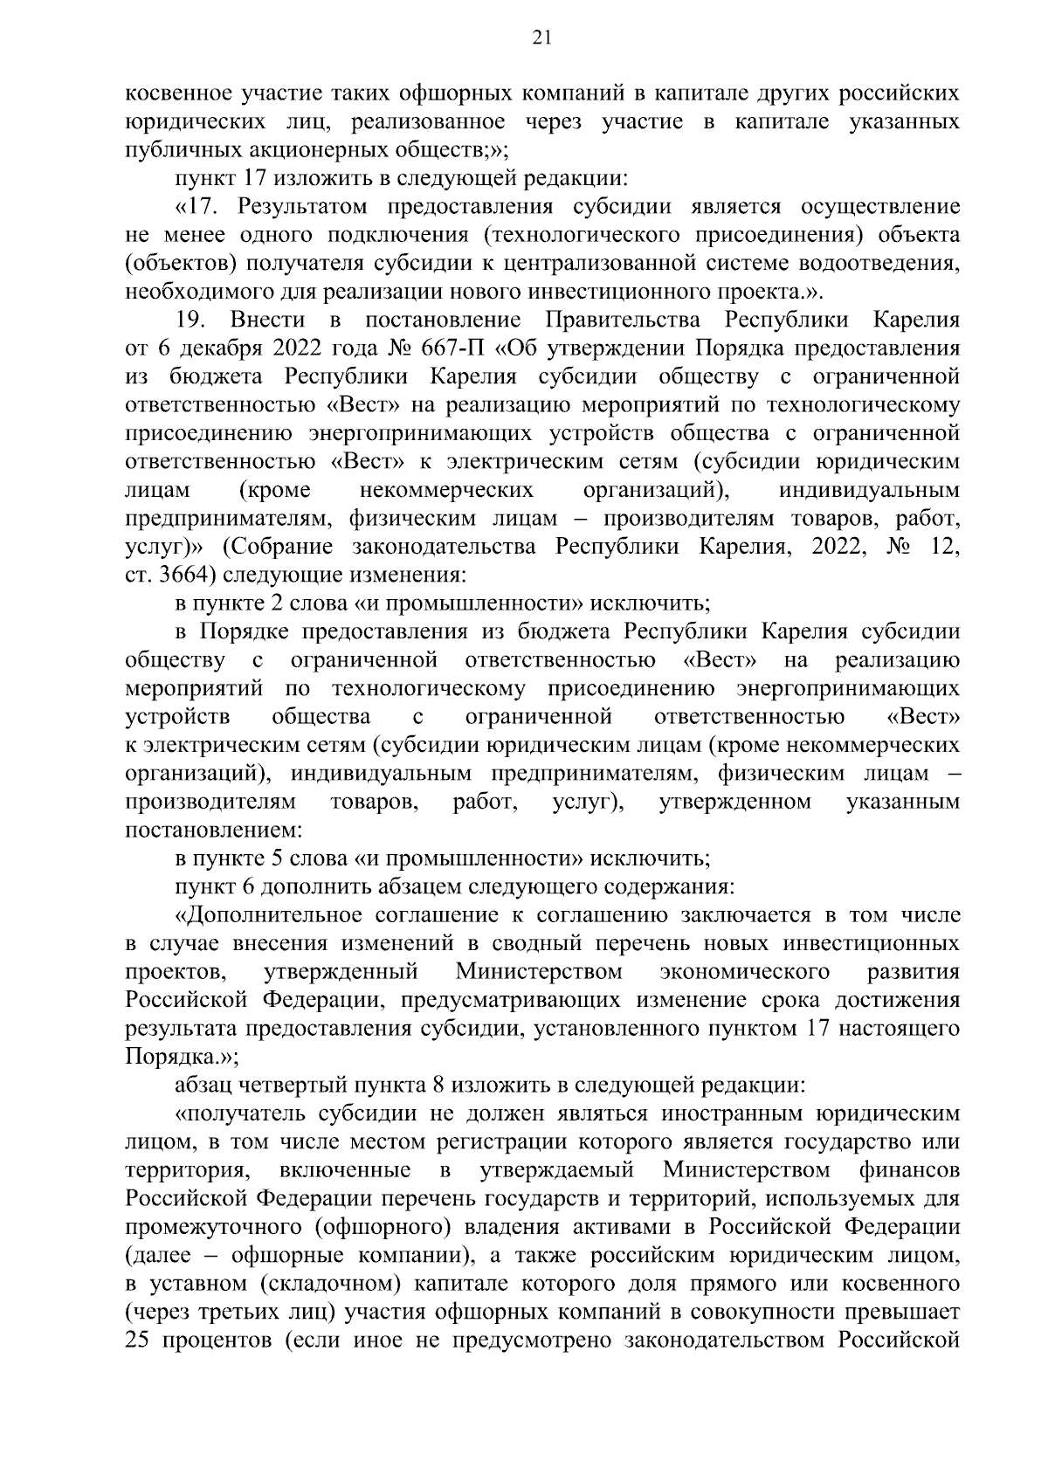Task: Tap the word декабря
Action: pos(215,348)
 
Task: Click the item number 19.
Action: pos(190,320)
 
